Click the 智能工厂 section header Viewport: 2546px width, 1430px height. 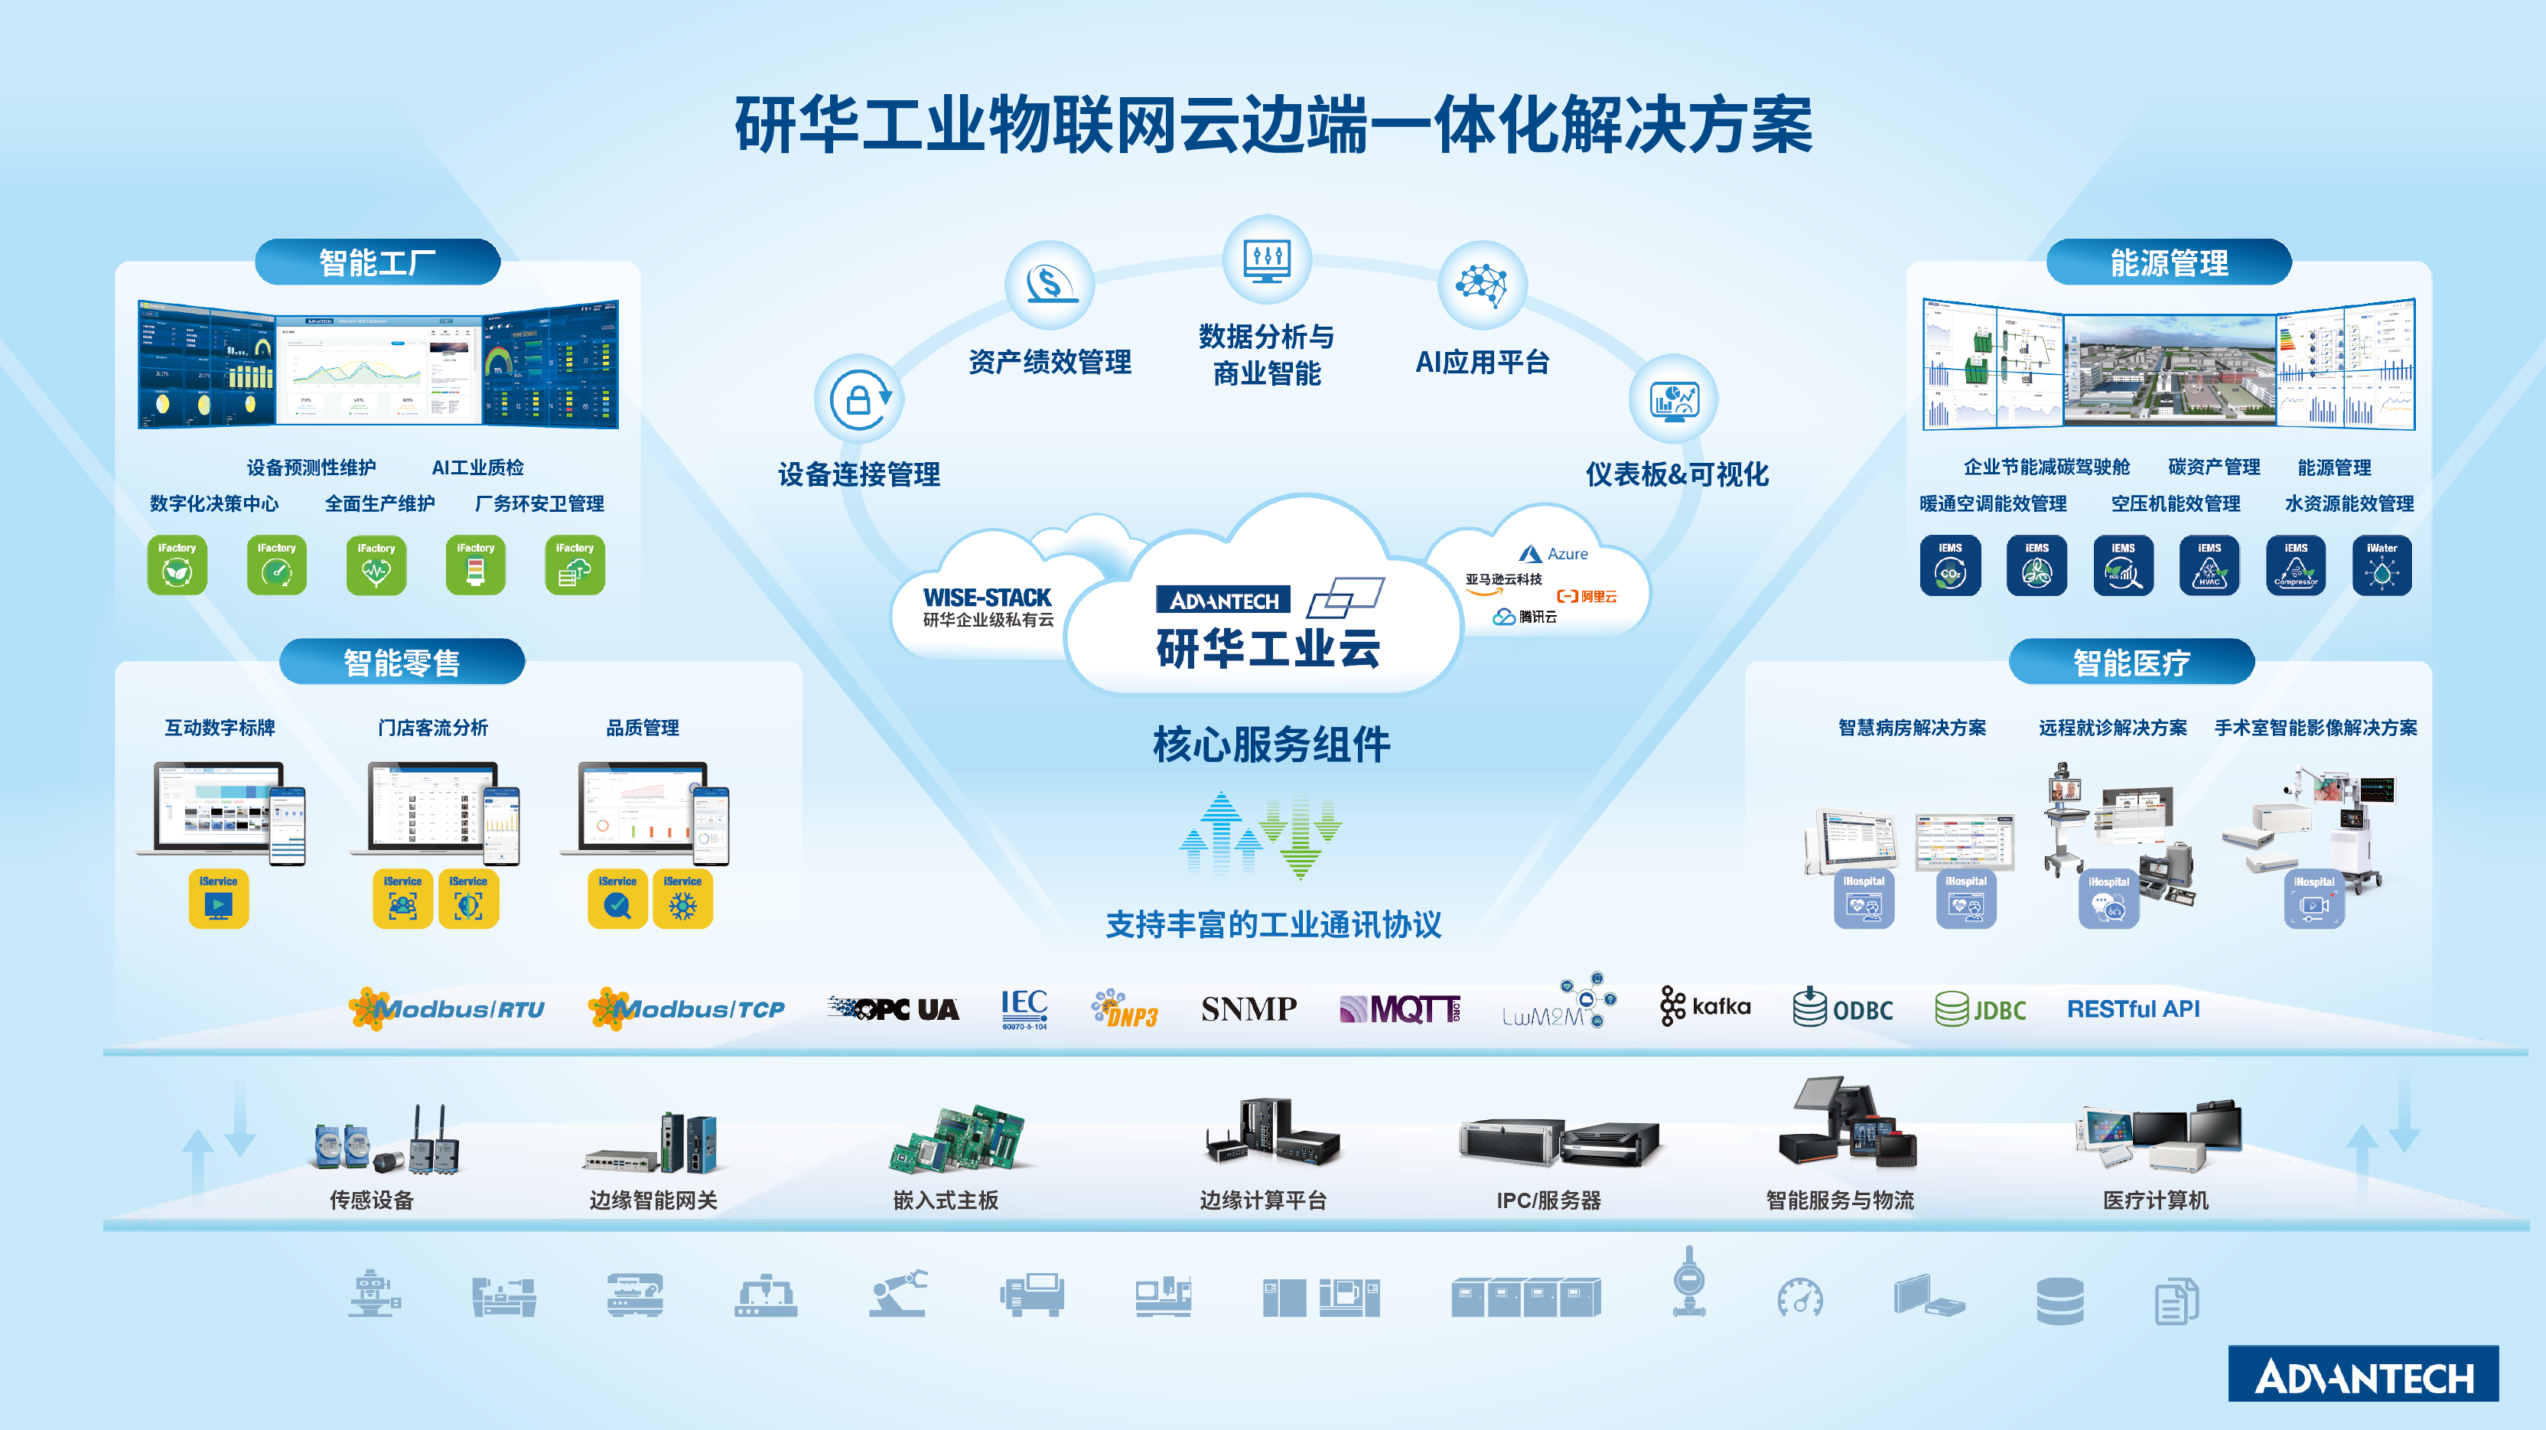[x=378, y=263]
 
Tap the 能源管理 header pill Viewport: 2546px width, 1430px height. [x=2168, y=263]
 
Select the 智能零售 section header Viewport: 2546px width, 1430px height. [x=402, y=662]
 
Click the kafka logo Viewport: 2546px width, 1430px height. [x=1705, y=1007]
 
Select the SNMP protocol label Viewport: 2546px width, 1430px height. [x=1249, y=1009]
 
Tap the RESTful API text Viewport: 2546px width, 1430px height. [x=2133, y=1009]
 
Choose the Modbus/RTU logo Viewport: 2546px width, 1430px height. [x=447, y=1009]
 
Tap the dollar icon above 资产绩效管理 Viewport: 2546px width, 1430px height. [x=1050, y=285]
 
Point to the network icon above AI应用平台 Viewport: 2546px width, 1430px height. [x=1483, y=285]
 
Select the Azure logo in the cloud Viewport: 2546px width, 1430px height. [x=1554, y=555]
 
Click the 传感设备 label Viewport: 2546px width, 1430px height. [x=372, y=1200]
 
